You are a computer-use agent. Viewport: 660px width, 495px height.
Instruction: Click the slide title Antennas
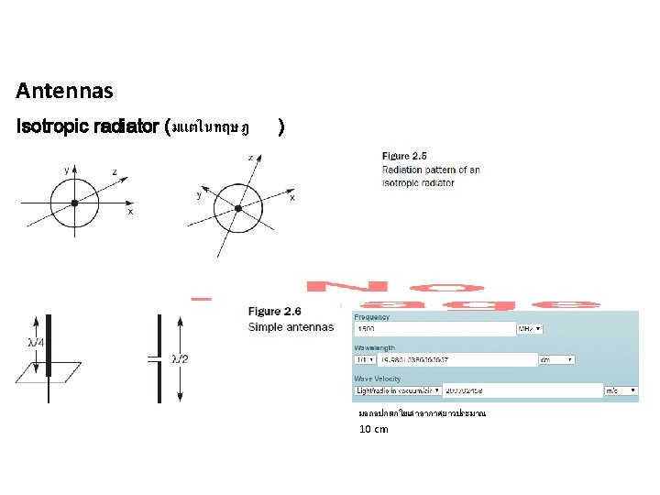[64, 91]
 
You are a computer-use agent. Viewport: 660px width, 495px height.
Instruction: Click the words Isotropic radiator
[87, 126]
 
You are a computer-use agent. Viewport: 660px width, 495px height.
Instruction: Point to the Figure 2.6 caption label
[276, 312]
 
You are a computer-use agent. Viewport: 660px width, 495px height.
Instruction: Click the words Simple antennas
[291, 327]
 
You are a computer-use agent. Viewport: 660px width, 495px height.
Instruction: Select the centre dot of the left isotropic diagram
[74, 203]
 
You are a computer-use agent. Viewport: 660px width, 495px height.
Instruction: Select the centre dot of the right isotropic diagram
[238, 209]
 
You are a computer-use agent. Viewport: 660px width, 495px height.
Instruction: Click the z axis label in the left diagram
[114, 171]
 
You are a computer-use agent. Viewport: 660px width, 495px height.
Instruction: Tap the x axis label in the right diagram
[291, 198]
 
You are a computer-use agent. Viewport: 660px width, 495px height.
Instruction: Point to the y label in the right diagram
[201, 194]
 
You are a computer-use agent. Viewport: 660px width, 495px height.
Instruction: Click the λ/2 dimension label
[183, 358]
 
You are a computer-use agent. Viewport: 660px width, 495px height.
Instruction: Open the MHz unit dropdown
[531, 329]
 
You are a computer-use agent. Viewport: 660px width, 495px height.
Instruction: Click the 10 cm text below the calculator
[373, 429]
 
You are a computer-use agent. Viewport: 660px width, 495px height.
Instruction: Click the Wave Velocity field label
[378, 379]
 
